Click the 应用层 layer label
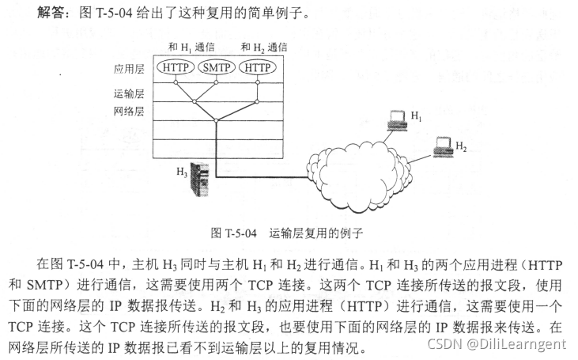click(x=129, y=69)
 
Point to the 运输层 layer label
click(x=129, y=93)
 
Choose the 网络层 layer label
click(x=129, y=112)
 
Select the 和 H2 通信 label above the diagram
click(x=263, y=47)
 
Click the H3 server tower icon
click(x=203, y=177)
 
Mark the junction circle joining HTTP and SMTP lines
click(x=194, y=100)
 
